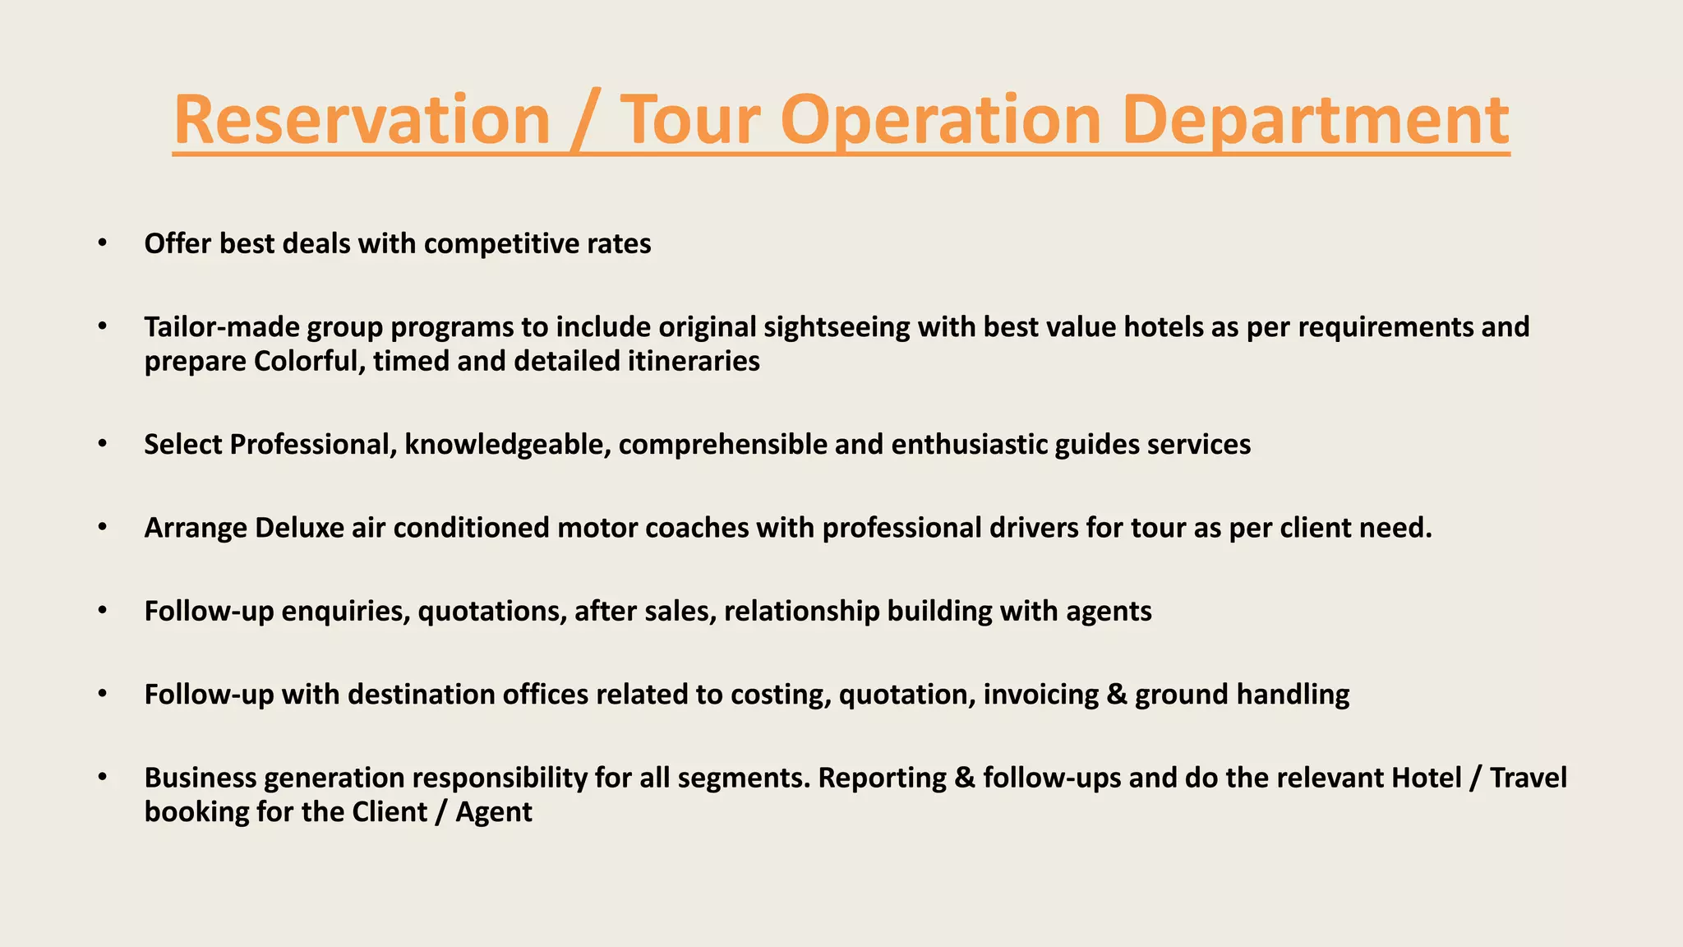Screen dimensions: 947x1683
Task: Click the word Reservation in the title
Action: [362, 120]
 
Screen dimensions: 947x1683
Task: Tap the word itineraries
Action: [694, 361]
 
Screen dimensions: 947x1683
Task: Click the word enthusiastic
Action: [969, 445]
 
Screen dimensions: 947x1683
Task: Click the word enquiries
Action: [346, 612]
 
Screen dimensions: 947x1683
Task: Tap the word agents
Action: [1109, 612]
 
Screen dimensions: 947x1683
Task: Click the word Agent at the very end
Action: [494, 812]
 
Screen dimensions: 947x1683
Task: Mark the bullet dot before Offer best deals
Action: [102, 243]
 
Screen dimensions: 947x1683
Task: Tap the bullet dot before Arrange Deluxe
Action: [102, 527]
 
